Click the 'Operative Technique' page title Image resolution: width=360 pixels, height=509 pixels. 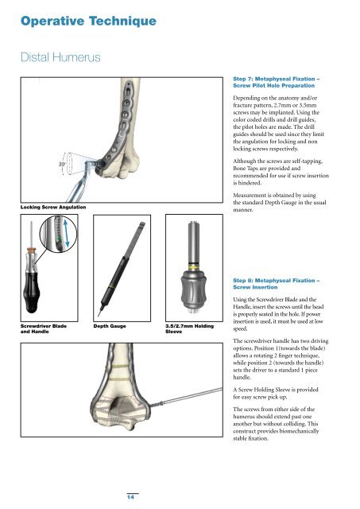(x=88, y=21)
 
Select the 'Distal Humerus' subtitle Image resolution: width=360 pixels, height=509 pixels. (x=60, y=57)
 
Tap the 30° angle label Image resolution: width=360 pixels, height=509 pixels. (x=62, y=165)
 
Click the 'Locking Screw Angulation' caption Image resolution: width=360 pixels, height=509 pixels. (x=53, y=207)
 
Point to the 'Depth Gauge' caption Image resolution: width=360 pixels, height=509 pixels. (x=110, y=326)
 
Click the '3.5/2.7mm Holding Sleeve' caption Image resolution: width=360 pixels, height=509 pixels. (x=189, y=328)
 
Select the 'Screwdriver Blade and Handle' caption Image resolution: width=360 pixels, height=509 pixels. (x=44, y=328)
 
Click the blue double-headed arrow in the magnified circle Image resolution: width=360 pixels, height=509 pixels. (x=66, y=233)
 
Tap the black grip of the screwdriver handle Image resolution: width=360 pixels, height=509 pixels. (x=32, y=293)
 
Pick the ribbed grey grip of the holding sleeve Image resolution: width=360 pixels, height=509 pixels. (x=194, y=287)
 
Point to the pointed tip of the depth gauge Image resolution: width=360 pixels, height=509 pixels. (x=99, y=314)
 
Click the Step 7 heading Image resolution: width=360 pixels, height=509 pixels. (x=276, y=82)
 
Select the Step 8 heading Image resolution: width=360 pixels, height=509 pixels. (x=276, y=284)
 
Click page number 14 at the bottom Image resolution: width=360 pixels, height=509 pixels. (x=130, y=497)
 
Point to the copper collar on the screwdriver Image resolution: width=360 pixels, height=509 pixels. (x=31, y=251)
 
